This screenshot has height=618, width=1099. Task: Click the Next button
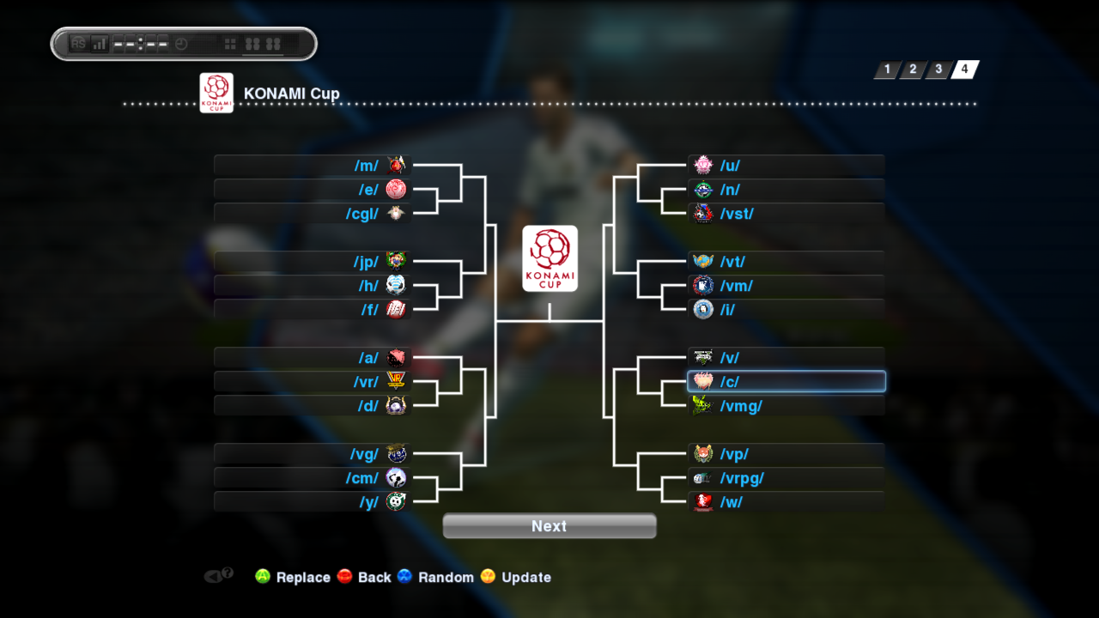(549, 526)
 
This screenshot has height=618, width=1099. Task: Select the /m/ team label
(366, 166)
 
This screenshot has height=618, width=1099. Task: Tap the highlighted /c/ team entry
(786, 381)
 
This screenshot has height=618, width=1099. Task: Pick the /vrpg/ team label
(742, 478)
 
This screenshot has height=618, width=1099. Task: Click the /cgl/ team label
(362, 214)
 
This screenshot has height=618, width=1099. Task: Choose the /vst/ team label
(737, 214)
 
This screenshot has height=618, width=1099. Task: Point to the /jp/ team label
(365, 262)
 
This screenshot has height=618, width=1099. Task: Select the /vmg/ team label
(741, 406)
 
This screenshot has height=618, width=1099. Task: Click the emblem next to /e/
(396, 190)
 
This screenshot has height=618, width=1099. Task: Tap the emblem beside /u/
(703, 166)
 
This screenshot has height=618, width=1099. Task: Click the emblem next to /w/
(703, 502)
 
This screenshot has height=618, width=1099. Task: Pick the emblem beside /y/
(396, 502)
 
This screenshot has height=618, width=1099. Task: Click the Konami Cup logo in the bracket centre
(549, 258)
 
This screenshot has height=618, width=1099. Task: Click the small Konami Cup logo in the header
(216, 93)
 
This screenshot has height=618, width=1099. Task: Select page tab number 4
(965, 70)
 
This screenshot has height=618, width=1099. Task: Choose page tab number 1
(887, 70)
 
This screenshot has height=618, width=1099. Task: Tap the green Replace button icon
(263, 577)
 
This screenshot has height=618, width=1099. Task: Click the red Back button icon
(345, 577)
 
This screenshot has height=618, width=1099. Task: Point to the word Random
(446, 578)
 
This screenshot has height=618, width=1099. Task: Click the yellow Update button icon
(489, 577)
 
